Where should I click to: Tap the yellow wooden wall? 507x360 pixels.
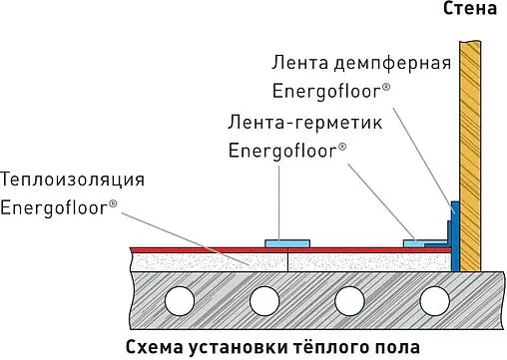click(470, 150)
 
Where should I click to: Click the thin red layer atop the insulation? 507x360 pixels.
click(200, 246)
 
